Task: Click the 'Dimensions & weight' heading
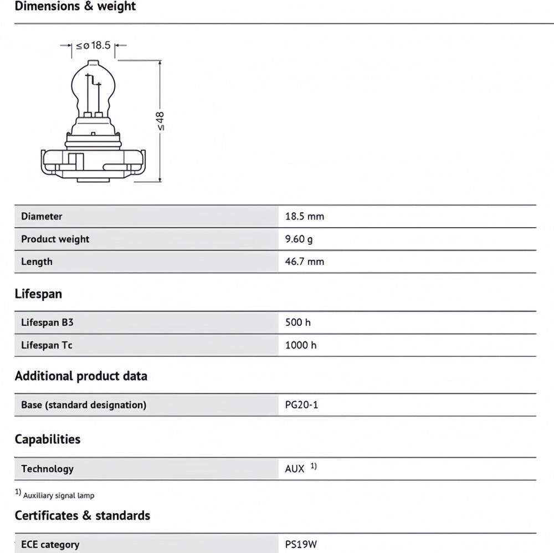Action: click(x=75, y=7)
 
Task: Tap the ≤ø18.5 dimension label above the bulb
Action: click(x=93, y=45)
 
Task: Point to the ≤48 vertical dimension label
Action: click(x=161, y=121)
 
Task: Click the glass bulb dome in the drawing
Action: click(x=93, y=83)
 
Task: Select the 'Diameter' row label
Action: click(x=42, y=217)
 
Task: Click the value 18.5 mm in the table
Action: click(x=304, y=217)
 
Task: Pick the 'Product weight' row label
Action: click(x=55, y=239)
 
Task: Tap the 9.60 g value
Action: click(x=299, y=239)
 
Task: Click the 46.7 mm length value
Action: click(x=304, y=262)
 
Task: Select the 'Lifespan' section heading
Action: click(x=38, y=294)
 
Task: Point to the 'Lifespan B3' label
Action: click(x=47, y=322)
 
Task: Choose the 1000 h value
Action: click(x=301, y=345)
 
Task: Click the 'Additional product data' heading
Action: click(x=81, y=376)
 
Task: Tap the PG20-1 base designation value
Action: click(x=301, y=405)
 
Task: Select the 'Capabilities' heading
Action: click(x=48, y=439)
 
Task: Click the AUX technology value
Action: click(x=295, y=469)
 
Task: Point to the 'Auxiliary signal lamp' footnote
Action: click(x=58, y=495)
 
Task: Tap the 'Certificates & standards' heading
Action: click(x=83, y=516)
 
